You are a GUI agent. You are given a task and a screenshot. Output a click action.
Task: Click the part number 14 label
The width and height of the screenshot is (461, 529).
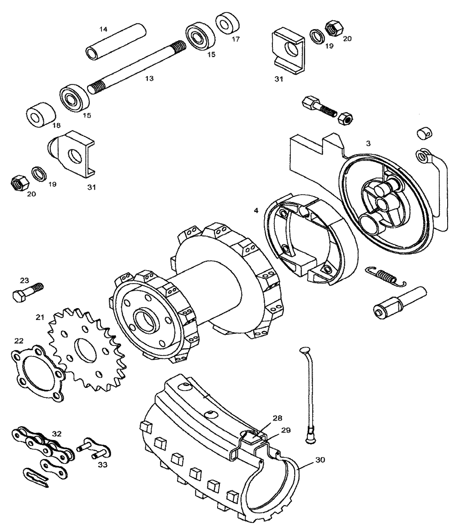103,29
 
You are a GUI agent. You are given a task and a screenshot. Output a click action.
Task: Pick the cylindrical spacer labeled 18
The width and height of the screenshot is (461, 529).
41,113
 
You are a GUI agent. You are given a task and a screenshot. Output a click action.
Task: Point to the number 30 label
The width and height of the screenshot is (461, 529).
320,459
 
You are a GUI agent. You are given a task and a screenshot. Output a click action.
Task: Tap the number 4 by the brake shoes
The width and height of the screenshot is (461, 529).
256,210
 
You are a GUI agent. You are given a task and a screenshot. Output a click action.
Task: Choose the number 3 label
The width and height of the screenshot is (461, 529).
368,143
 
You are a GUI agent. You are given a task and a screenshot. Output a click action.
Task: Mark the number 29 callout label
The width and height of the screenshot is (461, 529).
285,430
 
